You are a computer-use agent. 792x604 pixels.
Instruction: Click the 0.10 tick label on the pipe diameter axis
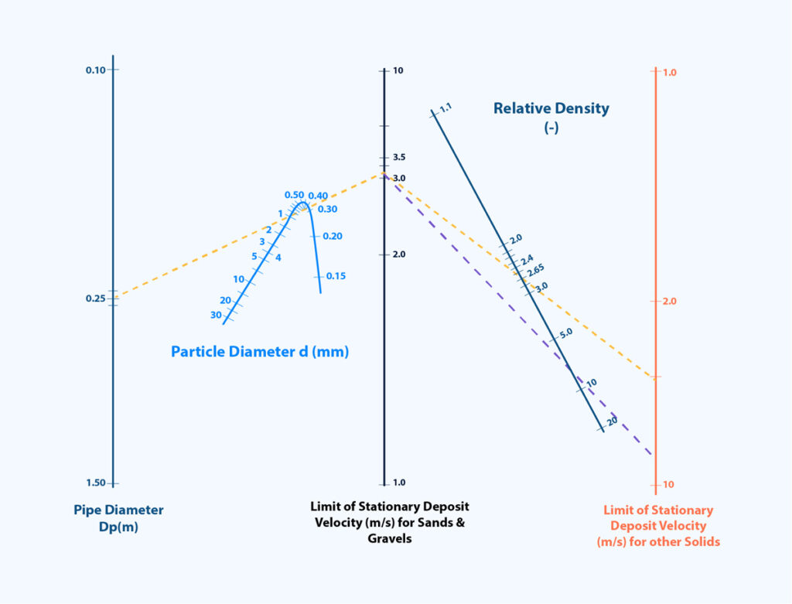click(95, 70)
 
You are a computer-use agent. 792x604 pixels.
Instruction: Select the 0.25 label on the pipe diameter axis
click(95, 299)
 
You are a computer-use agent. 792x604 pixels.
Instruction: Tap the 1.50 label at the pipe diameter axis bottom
click(95, 483)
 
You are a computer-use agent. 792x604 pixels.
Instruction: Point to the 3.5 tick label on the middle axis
click(399, 157)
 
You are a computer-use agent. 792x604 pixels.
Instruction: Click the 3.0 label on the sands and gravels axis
click(399, 179)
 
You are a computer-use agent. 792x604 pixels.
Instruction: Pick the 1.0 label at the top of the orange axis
click(670, 73)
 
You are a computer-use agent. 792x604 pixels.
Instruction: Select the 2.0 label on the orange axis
click(670, 301)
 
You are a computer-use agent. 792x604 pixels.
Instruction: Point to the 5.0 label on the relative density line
click(565, 333)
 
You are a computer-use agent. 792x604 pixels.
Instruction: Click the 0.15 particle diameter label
click(336, 276)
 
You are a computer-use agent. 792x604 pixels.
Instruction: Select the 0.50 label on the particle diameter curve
click(294, 195)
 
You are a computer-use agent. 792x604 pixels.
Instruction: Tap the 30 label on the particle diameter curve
click(216, 315)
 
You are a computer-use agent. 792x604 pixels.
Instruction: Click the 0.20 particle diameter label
click(333, 236)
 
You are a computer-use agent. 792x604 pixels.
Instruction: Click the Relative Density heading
click(551, 109)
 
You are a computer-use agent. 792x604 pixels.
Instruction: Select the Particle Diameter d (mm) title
click(260, 352)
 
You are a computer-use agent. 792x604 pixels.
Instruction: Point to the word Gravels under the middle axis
click(390, 538)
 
